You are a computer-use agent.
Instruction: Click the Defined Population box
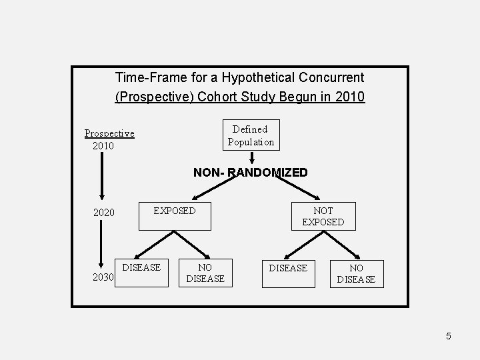tap(251, 135)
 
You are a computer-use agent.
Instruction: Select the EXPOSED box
tap(175, 211)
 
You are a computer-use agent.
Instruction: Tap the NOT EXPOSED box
tap(323, 216)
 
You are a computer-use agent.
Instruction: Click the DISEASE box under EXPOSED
tap(142, 273)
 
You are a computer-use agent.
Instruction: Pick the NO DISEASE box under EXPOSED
tap(205, 273)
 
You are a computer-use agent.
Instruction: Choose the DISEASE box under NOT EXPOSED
tap(287, 273)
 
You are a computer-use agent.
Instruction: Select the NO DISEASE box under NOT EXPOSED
tap(356, 273)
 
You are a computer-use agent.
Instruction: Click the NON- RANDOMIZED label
tap(251, 173)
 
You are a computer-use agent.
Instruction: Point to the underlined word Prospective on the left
tap(109, 133)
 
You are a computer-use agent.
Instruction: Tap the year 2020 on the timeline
tap(103, 213)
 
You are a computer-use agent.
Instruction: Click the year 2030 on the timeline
tap(103, 277)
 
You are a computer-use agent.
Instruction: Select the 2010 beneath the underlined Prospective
tap(103, 145)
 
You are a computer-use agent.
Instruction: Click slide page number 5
tap(449, 336)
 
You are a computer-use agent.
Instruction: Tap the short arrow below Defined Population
tap(251, 157)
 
